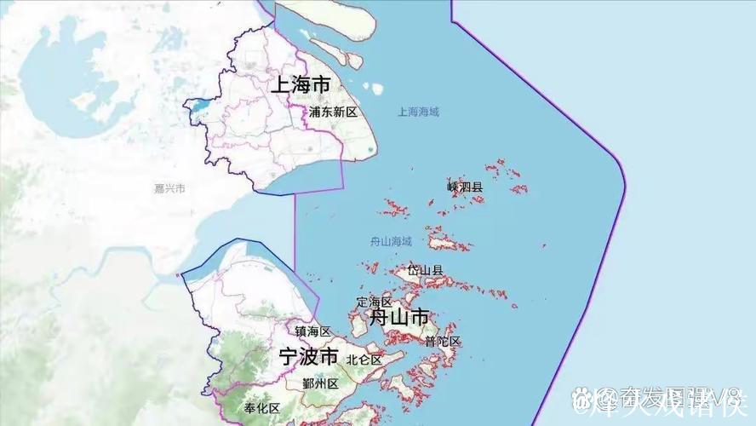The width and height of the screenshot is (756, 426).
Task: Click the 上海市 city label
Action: tap(301, 85)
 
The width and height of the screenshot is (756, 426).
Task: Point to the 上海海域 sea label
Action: tap(418, 112)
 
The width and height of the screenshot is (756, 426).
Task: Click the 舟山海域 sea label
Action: tap(391, 242)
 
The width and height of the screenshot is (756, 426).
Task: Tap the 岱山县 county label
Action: tap(425, 270)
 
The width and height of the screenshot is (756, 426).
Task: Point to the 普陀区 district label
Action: tap(443, 342)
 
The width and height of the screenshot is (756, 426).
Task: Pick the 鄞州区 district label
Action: tap(321, 383)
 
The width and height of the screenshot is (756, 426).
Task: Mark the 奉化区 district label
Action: tap(261, 408)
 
